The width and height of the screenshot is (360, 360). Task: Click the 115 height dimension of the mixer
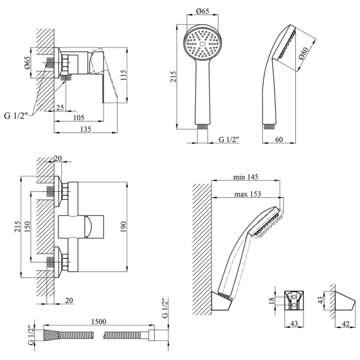pyautogui.click(x=123, y=75)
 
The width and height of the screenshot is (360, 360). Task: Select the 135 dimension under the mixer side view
pyautogui.click(x=85, y=129)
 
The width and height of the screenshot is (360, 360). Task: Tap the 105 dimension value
pyautogui.click(x=79, y=117)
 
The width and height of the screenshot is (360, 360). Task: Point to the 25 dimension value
pyautogui.click(x=60, y=108)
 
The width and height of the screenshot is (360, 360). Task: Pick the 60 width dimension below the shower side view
pyautogui.click(x=279, y=139)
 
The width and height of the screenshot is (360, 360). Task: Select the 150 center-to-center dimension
pyautogui.click(x=27, y=227)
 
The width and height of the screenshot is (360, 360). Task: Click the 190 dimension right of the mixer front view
pyautogui.click(x=123, y=227)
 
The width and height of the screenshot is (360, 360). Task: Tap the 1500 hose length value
pyautogui.click(x=99, y=322)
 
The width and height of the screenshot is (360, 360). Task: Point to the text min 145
pyautogui.click(x=246, y=177)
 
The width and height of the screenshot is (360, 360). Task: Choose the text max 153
pyautogui.click(x=247, y=194)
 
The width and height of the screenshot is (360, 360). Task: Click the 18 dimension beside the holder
pyautogui.click(x=272, y=300)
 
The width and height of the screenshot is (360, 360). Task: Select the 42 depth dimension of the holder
pyautogui.click(x=346, y=324)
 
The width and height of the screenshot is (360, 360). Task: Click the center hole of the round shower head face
pyautogui.click(x=202, y=44)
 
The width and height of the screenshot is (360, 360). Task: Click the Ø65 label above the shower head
pyautogui.click(x=203, y=11)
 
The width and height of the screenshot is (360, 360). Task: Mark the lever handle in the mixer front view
pyautogui.click(x=94, y=227)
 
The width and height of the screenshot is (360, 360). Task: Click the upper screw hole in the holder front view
pyautogui.click(x=294, y=297)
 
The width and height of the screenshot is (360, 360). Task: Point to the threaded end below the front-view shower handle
pyautogui.click(x=202, y=127)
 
